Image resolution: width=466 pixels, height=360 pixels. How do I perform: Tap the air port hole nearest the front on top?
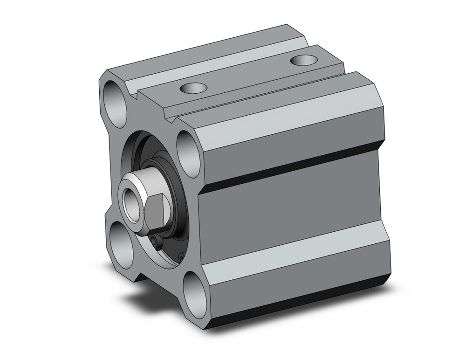tap(191, 87)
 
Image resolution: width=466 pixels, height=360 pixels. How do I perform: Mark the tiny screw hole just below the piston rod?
tap(156, 240)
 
